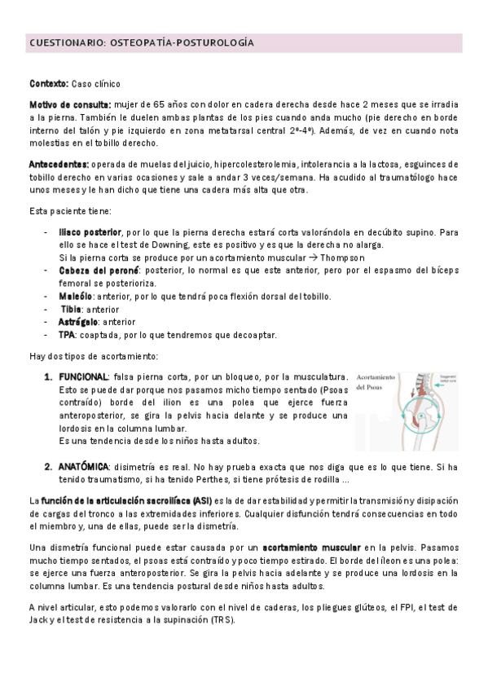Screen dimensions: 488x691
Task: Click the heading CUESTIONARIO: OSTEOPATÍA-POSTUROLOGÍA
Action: [141, 42]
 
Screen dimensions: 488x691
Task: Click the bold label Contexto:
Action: [48, 84]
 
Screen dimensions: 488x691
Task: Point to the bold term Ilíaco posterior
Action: [90, 232]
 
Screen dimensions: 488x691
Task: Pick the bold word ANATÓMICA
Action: [83, 467]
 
